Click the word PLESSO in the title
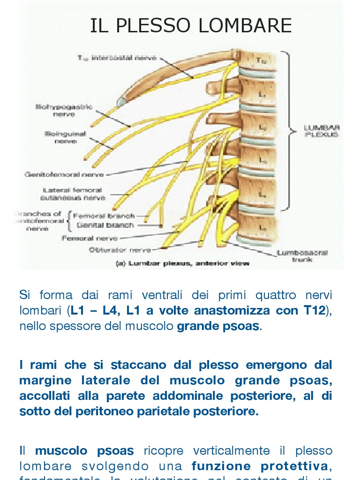pyautogui.click(x=154, y=26)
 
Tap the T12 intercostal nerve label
pyautogui.click(x=117, y=58)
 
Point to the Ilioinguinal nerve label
pyautogui.click(x=66, y=137)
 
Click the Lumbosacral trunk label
pyautogui.click(x=302, y=256)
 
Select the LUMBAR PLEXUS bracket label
pyautogui.click(x=322, y=130)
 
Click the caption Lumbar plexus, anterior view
pyautogui.click(x=183, y=263)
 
